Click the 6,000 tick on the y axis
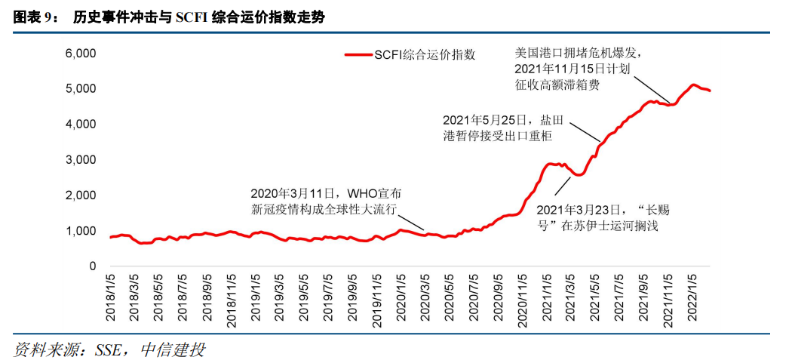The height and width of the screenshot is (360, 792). (79, 54)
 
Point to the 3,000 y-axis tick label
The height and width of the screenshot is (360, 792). (79, 160)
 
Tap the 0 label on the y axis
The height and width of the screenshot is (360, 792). (92, 266)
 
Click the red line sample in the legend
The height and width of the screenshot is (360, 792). (358, 55)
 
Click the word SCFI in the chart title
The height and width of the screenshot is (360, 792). (192, 17)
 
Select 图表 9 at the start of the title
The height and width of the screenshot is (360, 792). (34, 17)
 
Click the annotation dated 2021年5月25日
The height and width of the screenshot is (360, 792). (498, 128)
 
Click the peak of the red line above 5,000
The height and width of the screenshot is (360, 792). (693, 85)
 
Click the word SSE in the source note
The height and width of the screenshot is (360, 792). (109, 349)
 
